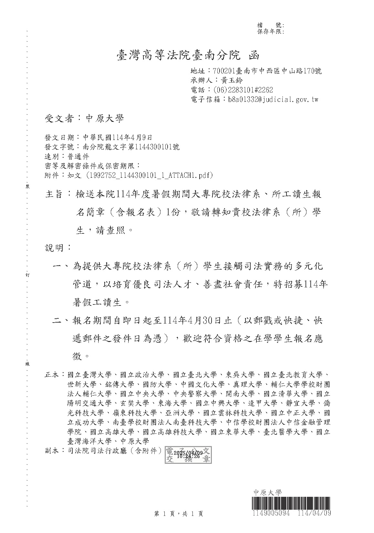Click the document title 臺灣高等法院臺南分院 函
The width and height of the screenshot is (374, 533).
click(188, 56)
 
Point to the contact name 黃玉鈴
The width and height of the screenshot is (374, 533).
click(232, 80)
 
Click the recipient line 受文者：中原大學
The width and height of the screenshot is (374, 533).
click(84, 119)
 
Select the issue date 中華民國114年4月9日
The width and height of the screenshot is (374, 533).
click(118, 137)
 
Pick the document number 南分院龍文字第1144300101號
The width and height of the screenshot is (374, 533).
click(131, 147)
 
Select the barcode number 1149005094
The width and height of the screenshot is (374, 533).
click(271, 513)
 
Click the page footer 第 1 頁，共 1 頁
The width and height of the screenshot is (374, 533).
click(179, 514)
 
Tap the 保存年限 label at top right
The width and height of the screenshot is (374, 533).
click(270, 31)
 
